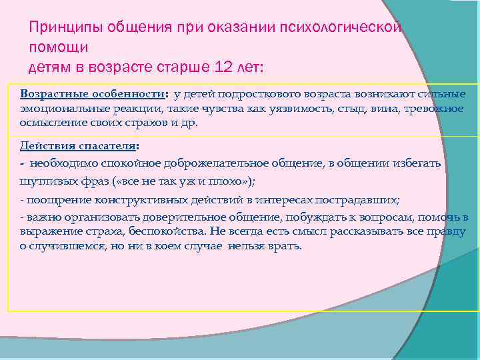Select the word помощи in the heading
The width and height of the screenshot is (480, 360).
(58, 47)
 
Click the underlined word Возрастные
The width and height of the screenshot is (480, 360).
(51, 94)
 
